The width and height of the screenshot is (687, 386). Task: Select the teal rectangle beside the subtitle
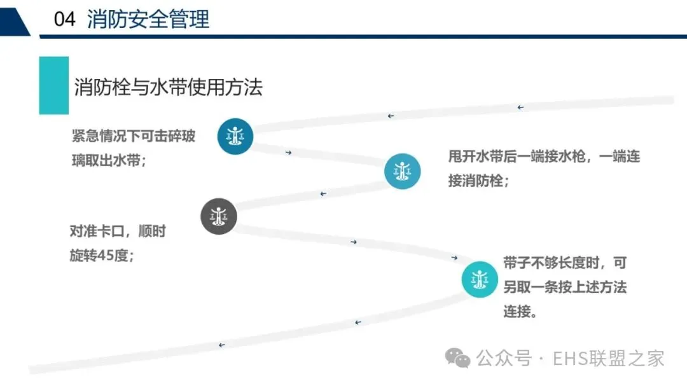point(53,85)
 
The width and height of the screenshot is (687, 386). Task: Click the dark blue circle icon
point(235,135)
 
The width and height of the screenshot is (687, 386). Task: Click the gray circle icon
point(219,216)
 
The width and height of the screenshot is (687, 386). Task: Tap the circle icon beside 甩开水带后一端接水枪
point(402,172)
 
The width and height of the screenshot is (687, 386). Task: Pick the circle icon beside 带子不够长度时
point(480,279)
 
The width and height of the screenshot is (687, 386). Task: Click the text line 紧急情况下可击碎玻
point(134,136)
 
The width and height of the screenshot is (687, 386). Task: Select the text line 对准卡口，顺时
point(118,231)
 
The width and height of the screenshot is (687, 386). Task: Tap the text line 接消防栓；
point(478,181)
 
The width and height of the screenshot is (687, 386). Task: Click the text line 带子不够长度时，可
point(565,263)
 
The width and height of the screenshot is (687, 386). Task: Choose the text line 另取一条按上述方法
point(565,287)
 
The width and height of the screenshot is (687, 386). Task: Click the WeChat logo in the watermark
point(458,358)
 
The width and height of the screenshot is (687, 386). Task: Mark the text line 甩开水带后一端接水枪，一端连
point(544,157)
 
